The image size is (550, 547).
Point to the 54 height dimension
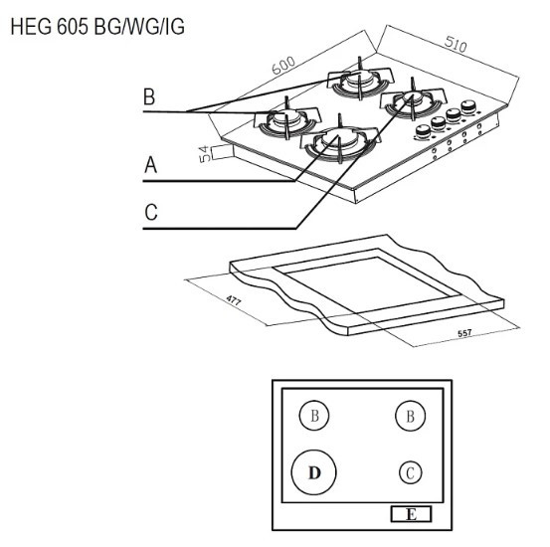coord(204,154)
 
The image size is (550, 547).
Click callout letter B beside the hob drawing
coord(150,97)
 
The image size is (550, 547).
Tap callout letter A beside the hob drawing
coord(150,166)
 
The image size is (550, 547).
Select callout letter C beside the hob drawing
coord(150,212)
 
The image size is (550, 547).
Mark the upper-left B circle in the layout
coord(314,415)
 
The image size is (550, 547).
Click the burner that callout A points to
coord(336,143)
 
